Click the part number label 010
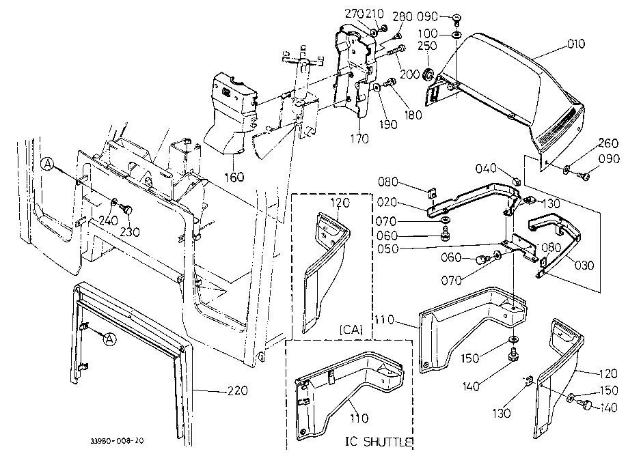coord(576,44)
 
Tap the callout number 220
coord(238,390)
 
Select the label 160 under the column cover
coord(234,176)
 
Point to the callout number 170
coord(359,139)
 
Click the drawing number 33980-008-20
coord(117,441)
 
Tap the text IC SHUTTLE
coord(379,442)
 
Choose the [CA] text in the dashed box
coord(351,330)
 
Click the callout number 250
coord(427,46)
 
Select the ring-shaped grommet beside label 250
coord(429,74)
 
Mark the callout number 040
coord(486,168)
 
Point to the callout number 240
coord(108,220)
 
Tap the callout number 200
coord(410,74)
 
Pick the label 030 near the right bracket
coord(584,265)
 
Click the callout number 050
coord(387,248)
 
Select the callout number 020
coord(387,202)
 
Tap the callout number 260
coord(608,143)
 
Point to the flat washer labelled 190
coord(377,87)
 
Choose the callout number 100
coord(428,33)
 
